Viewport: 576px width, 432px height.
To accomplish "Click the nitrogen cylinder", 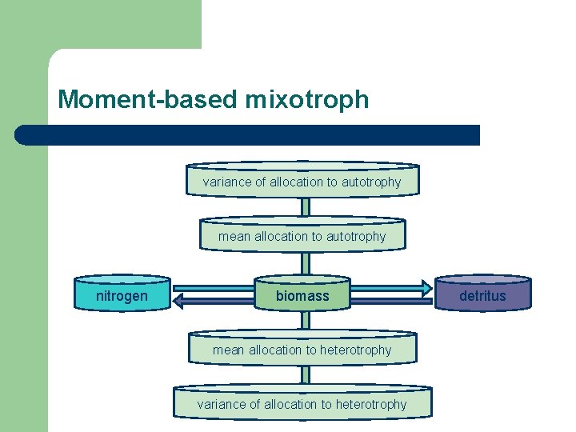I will [x=122, y=296].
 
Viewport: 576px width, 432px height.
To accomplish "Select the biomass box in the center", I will [x=302, y=296].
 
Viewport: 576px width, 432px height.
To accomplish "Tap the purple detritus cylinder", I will [x=482, y=296].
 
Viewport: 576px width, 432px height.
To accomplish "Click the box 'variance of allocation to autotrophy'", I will [x=302, y=182].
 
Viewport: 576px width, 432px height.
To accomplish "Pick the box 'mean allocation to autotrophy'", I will [x=302, y=236].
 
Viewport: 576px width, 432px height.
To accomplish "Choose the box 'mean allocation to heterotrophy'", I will [x=302, y=350].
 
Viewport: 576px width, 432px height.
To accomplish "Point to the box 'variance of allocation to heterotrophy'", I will [x=302, y=404].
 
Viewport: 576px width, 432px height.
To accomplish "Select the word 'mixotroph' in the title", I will [x=307, y=100].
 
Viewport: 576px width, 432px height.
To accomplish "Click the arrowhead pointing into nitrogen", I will [x=180, y=302].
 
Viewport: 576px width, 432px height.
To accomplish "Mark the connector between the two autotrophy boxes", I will [x=305, y=207].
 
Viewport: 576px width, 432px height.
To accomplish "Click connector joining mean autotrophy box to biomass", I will [x=305, y=263].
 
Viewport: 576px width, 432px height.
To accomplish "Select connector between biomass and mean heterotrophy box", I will [x=305, y=321].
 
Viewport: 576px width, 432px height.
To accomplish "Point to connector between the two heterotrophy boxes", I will [x=305, y=375].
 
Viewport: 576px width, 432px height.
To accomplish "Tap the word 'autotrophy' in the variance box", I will [x=371, y=182].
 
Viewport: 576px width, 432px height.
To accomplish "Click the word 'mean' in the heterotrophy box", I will [x=229, y=350].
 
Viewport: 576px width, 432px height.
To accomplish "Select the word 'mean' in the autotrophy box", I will [x=234, y=236].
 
